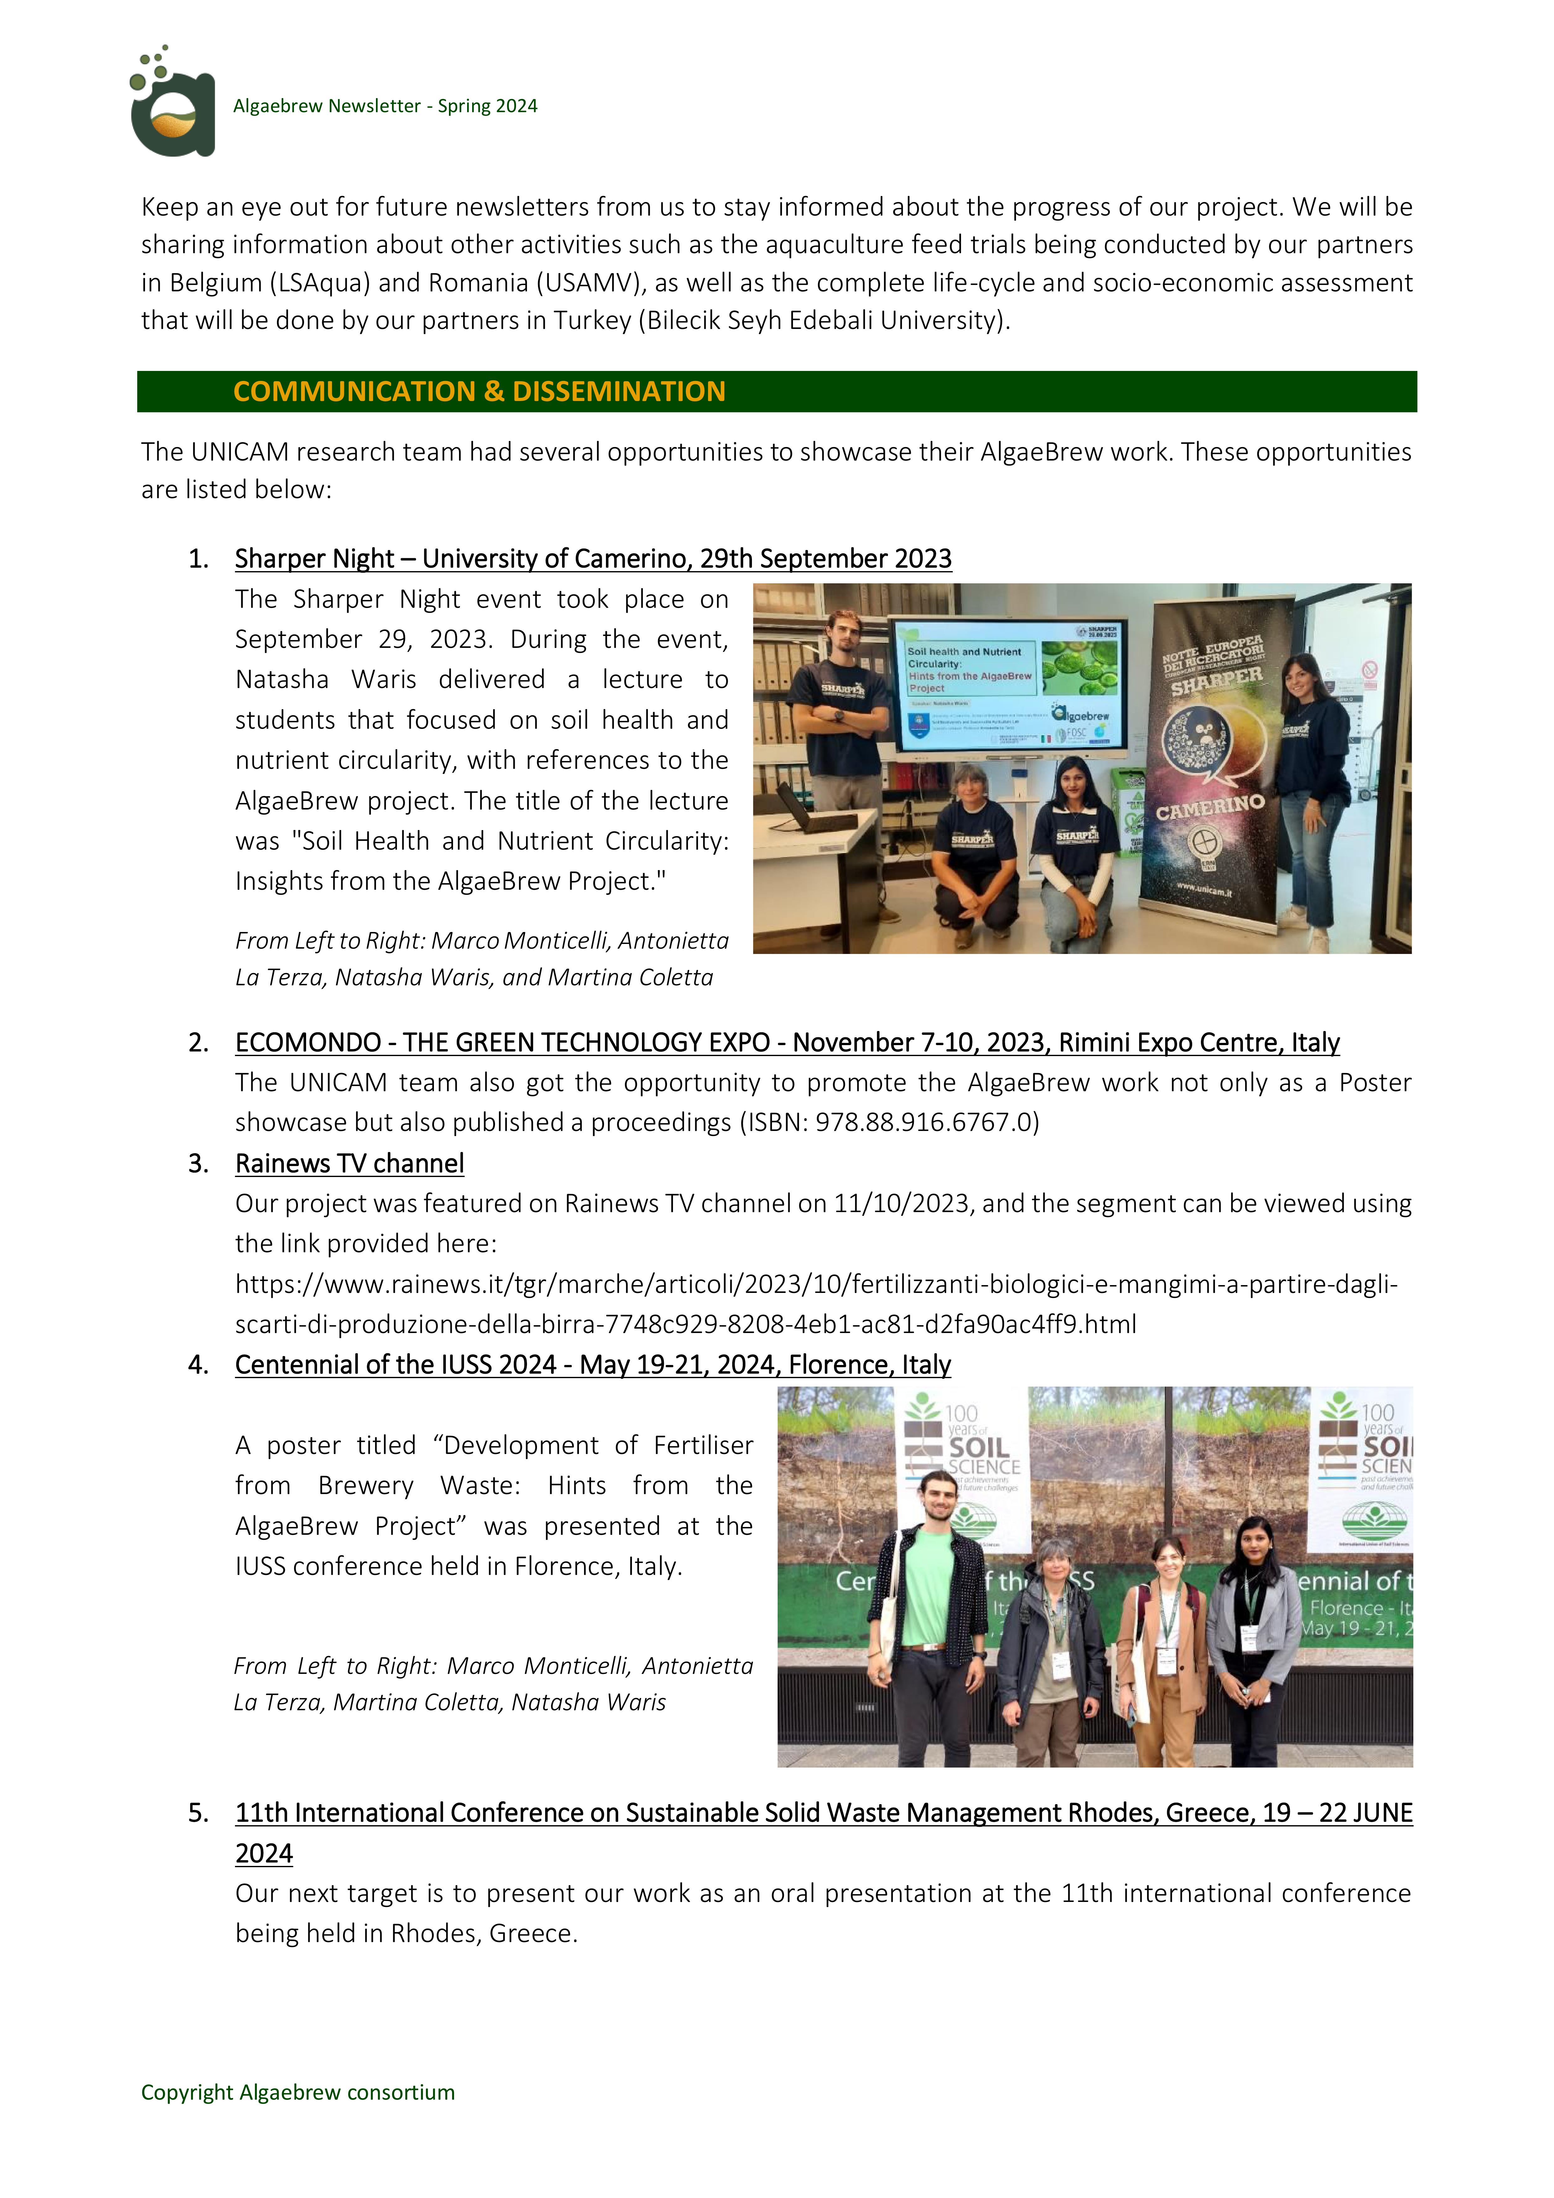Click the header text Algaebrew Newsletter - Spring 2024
(385, 106)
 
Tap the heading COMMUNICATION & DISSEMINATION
(479, 392)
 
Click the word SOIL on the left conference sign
(978, 1447)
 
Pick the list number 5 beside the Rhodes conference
(197, 1813)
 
